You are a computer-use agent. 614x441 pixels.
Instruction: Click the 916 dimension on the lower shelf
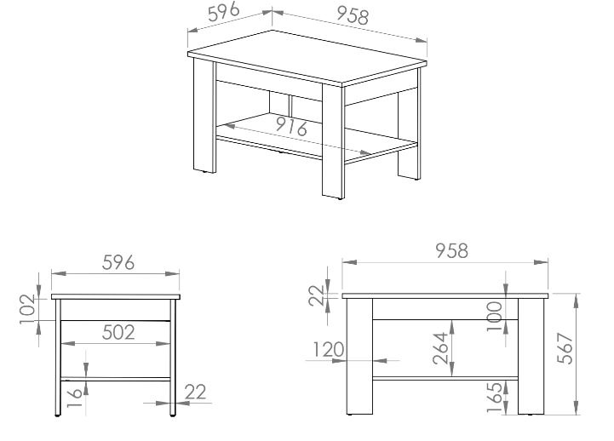coord(292,126)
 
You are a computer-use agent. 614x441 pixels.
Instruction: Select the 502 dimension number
coord(118,332)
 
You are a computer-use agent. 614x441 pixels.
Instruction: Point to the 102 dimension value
coord(27,309)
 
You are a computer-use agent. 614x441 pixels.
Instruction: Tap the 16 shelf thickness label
coord(74,398)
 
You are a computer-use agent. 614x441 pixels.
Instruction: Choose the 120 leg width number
coord(329,349)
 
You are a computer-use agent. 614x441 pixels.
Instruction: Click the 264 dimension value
coord(440,348)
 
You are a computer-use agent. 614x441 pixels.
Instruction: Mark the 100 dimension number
coord(494,316)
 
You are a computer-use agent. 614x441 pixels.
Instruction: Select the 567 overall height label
coord(565,349)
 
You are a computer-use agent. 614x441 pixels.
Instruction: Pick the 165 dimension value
coord(494,398)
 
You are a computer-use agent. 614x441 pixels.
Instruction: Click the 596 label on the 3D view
coord(224,12)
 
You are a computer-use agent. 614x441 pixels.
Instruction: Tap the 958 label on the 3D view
coord(353,16)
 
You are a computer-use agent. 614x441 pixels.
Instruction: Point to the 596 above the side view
coord(118,262)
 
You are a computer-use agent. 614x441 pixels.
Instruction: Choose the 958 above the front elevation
coord(452,251)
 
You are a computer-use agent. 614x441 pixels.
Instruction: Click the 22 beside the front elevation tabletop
coord(317,295)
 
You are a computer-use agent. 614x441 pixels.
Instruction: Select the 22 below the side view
coord(195,392)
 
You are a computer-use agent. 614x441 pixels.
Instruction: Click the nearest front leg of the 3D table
coord(333,140)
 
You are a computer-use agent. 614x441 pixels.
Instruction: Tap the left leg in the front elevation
coord(359,356)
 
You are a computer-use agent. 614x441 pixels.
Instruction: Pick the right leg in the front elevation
coord(531,356)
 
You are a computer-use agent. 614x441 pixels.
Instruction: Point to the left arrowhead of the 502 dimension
coord(68,344)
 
